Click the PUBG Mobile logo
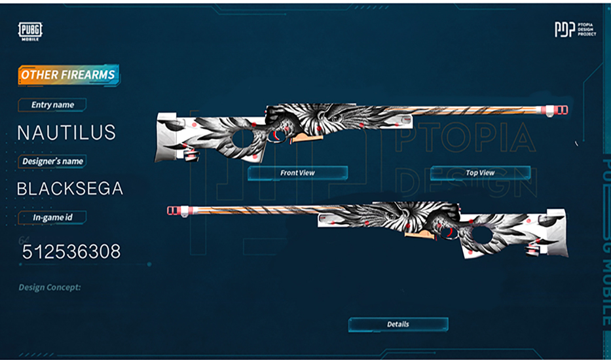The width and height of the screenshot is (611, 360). tap(30, 31)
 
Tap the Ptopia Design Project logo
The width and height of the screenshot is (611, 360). tap(575, 29)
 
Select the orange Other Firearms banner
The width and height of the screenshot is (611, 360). tap(68, 75)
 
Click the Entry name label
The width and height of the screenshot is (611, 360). tap(53, 105)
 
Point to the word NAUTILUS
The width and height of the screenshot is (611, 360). tap(66, 132)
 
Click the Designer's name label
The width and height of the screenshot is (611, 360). tap(53, 161)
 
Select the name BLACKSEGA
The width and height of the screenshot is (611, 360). tap(69, 189)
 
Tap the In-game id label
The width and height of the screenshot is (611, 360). tap(53, 217)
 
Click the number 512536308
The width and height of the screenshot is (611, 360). tap(71, 251)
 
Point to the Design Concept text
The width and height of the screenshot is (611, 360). tap(50, 287)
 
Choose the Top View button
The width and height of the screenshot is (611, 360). tap(480, 173)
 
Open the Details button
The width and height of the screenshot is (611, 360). tap(398, 324)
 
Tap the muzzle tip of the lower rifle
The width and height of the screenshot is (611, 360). tap(172, 210)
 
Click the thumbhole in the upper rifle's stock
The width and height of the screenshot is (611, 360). tap(244, 138)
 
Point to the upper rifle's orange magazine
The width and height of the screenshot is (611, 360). tap(304, 138)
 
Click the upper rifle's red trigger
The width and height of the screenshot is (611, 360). tap(280, 135)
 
